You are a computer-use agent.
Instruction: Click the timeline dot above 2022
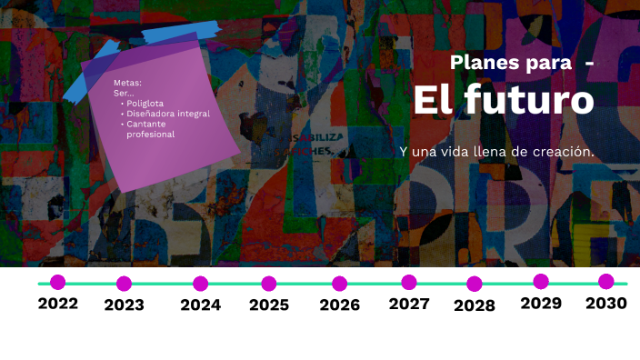[58, 282]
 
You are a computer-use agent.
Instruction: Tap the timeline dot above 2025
[269, 284]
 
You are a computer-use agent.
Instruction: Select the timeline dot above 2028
[475, 284]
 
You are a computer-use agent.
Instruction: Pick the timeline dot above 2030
[606, 282]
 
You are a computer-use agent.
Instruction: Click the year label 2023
[124, 305]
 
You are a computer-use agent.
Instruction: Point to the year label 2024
[200, 305]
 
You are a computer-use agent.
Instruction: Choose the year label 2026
[339, 305]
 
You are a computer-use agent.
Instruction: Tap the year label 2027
[409, 304]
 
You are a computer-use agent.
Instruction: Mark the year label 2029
[541, 304]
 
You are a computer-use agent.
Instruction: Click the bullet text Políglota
[145, 103]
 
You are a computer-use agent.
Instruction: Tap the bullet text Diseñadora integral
[168, 114]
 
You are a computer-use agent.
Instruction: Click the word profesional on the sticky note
[150, 135]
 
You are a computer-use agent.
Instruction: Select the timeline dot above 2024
[200, 284]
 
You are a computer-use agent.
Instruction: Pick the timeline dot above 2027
[409, 282]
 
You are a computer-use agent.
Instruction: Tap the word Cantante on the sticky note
[145, 124]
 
